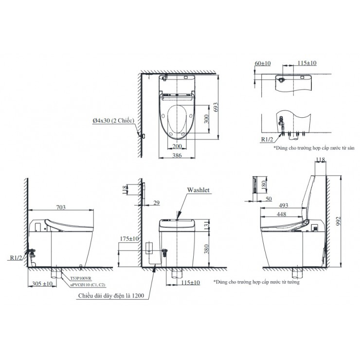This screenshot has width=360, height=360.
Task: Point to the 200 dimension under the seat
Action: click(x=177, y=145)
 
